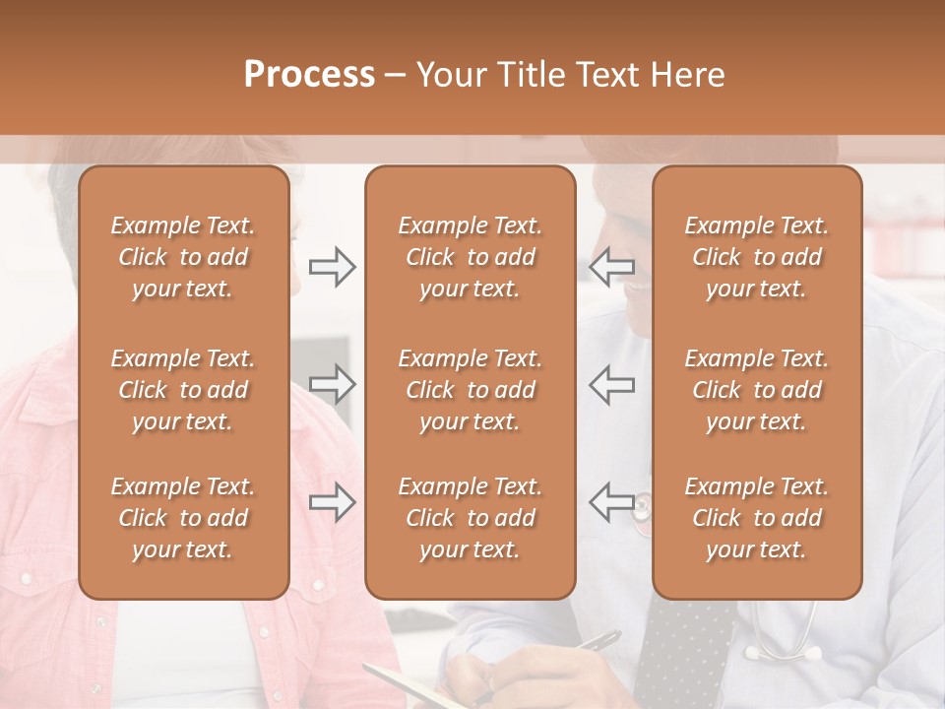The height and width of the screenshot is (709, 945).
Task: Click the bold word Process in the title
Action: [x=309, y=75]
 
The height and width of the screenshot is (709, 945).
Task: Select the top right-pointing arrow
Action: [x=332, y=267]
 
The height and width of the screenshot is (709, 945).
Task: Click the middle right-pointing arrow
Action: [x=332, y=384]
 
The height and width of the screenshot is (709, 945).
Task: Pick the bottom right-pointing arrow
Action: [x=332, y=502]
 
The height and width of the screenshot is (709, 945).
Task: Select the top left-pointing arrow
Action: [x=611, y=267]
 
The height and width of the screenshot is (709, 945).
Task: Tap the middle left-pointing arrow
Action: [x=611, y=384]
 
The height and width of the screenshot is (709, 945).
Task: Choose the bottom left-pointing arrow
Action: [x=611, y=502]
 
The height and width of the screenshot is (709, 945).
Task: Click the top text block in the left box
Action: [x=183, y=257]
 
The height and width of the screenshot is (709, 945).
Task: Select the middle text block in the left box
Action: [x=183, y=390]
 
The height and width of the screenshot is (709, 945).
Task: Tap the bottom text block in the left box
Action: [x=183, y=518]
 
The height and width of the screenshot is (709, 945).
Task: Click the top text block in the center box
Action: [x=470, y=257]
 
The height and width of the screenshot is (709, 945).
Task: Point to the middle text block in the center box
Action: [x=470, y=390]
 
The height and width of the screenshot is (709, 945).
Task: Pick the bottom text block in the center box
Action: [x=470, y=518]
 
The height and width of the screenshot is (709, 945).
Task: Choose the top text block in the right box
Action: [x=756, y=257]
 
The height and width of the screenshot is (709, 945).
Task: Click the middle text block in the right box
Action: [x=756, y=390]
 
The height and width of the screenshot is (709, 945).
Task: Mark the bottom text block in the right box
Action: [x=756, y=518]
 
